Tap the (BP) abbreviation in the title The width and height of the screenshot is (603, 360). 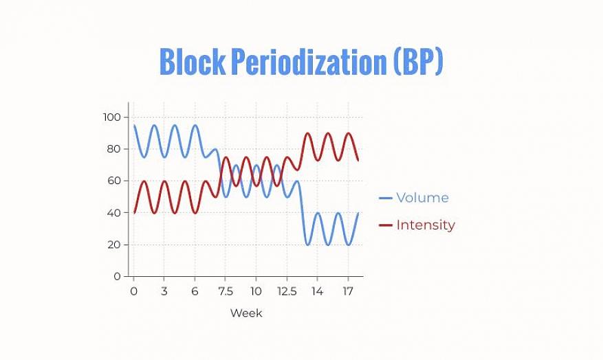418,62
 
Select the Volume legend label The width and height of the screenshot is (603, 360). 422,198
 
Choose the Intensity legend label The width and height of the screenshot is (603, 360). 426,225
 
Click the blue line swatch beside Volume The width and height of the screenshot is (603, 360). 386,199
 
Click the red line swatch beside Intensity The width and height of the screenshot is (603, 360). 386,225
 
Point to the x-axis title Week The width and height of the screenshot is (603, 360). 246,313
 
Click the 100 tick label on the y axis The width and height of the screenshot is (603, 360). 111,117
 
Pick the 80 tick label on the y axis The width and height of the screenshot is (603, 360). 113,149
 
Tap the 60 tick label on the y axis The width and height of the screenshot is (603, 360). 113,181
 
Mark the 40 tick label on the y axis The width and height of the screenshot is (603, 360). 113,213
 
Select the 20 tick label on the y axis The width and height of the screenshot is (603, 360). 113,245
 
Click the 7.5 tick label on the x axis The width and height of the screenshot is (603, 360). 226,291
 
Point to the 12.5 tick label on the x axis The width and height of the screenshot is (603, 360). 287,291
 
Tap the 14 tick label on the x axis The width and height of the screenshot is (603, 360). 317,291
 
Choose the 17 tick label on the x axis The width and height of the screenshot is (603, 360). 348,291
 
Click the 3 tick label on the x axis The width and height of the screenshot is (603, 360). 164,291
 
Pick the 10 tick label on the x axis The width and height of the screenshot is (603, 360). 256,291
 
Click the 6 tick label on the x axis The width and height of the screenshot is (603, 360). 195,291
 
